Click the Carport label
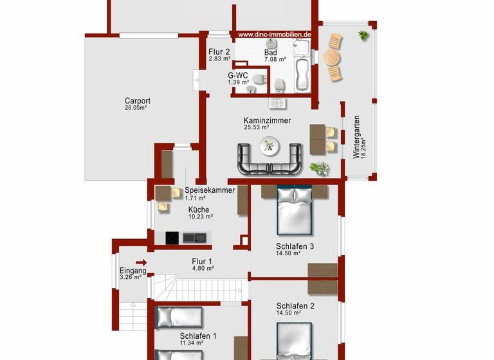(x=137, y=101)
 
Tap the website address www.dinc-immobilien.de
(x=275, y=35)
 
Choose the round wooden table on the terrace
(x=331, y=58)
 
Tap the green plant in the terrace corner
(x=363, y=34)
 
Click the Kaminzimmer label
(x=267, y=120)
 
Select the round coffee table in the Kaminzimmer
(x=270, y=147)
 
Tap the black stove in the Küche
(x=172, y=238)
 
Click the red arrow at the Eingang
(x=142, y=262)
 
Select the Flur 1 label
(x=202, y=261)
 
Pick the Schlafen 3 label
(x=295, y=246)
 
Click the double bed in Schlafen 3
(x=295, y=210)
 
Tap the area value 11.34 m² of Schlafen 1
(x=191, y=343)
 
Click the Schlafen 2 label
(x=295, y=306)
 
